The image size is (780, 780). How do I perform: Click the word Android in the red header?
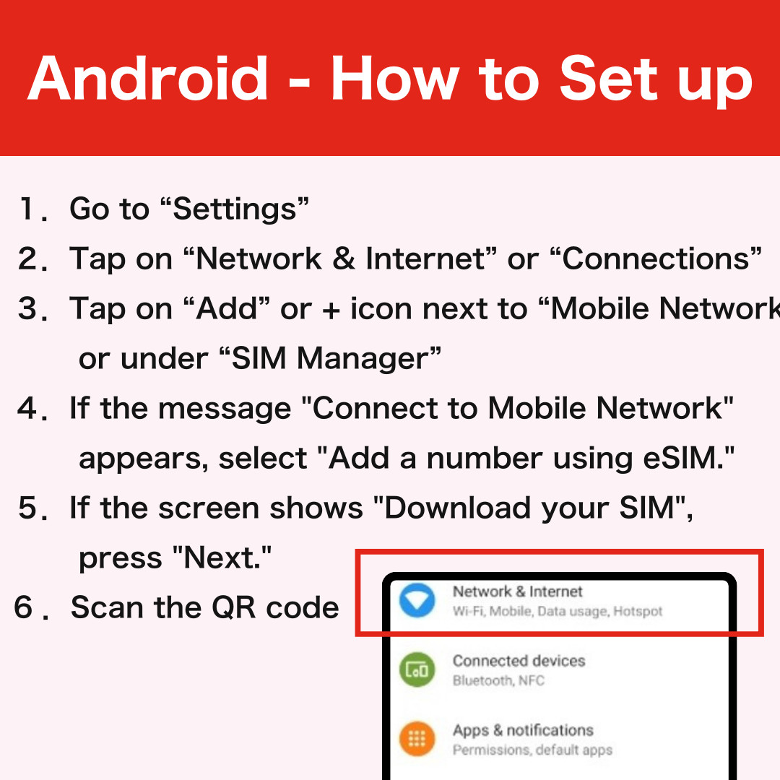pyautogui.click(x=148, y=78)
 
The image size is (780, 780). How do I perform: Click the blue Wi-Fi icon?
pyautogui.click(x=417, y=600)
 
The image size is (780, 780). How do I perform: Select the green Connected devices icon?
pyautogui.click(x=417, y=669)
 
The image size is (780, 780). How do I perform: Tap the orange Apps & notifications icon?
pyautogui.click(x=417, y=739)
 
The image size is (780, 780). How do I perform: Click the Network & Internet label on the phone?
pyautogui.click(x=517, y=591)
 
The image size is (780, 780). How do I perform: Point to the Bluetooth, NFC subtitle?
pyautogui.click(x=498, y=680)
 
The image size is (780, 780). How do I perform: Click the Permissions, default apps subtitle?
pyautogui.click(x=532, y=750)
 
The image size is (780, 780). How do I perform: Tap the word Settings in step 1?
pyautogui.click(x=234, y=209)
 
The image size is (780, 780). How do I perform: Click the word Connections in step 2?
pyautogui.click(x=656, y=258)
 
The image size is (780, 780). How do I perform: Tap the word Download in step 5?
pyautogui.click(x=457, y=508)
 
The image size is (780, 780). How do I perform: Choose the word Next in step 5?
pyautogui.click(x=219, y=558)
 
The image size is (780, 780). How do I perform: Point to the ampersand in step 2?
pyautogui.click(x=343, y=259)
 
